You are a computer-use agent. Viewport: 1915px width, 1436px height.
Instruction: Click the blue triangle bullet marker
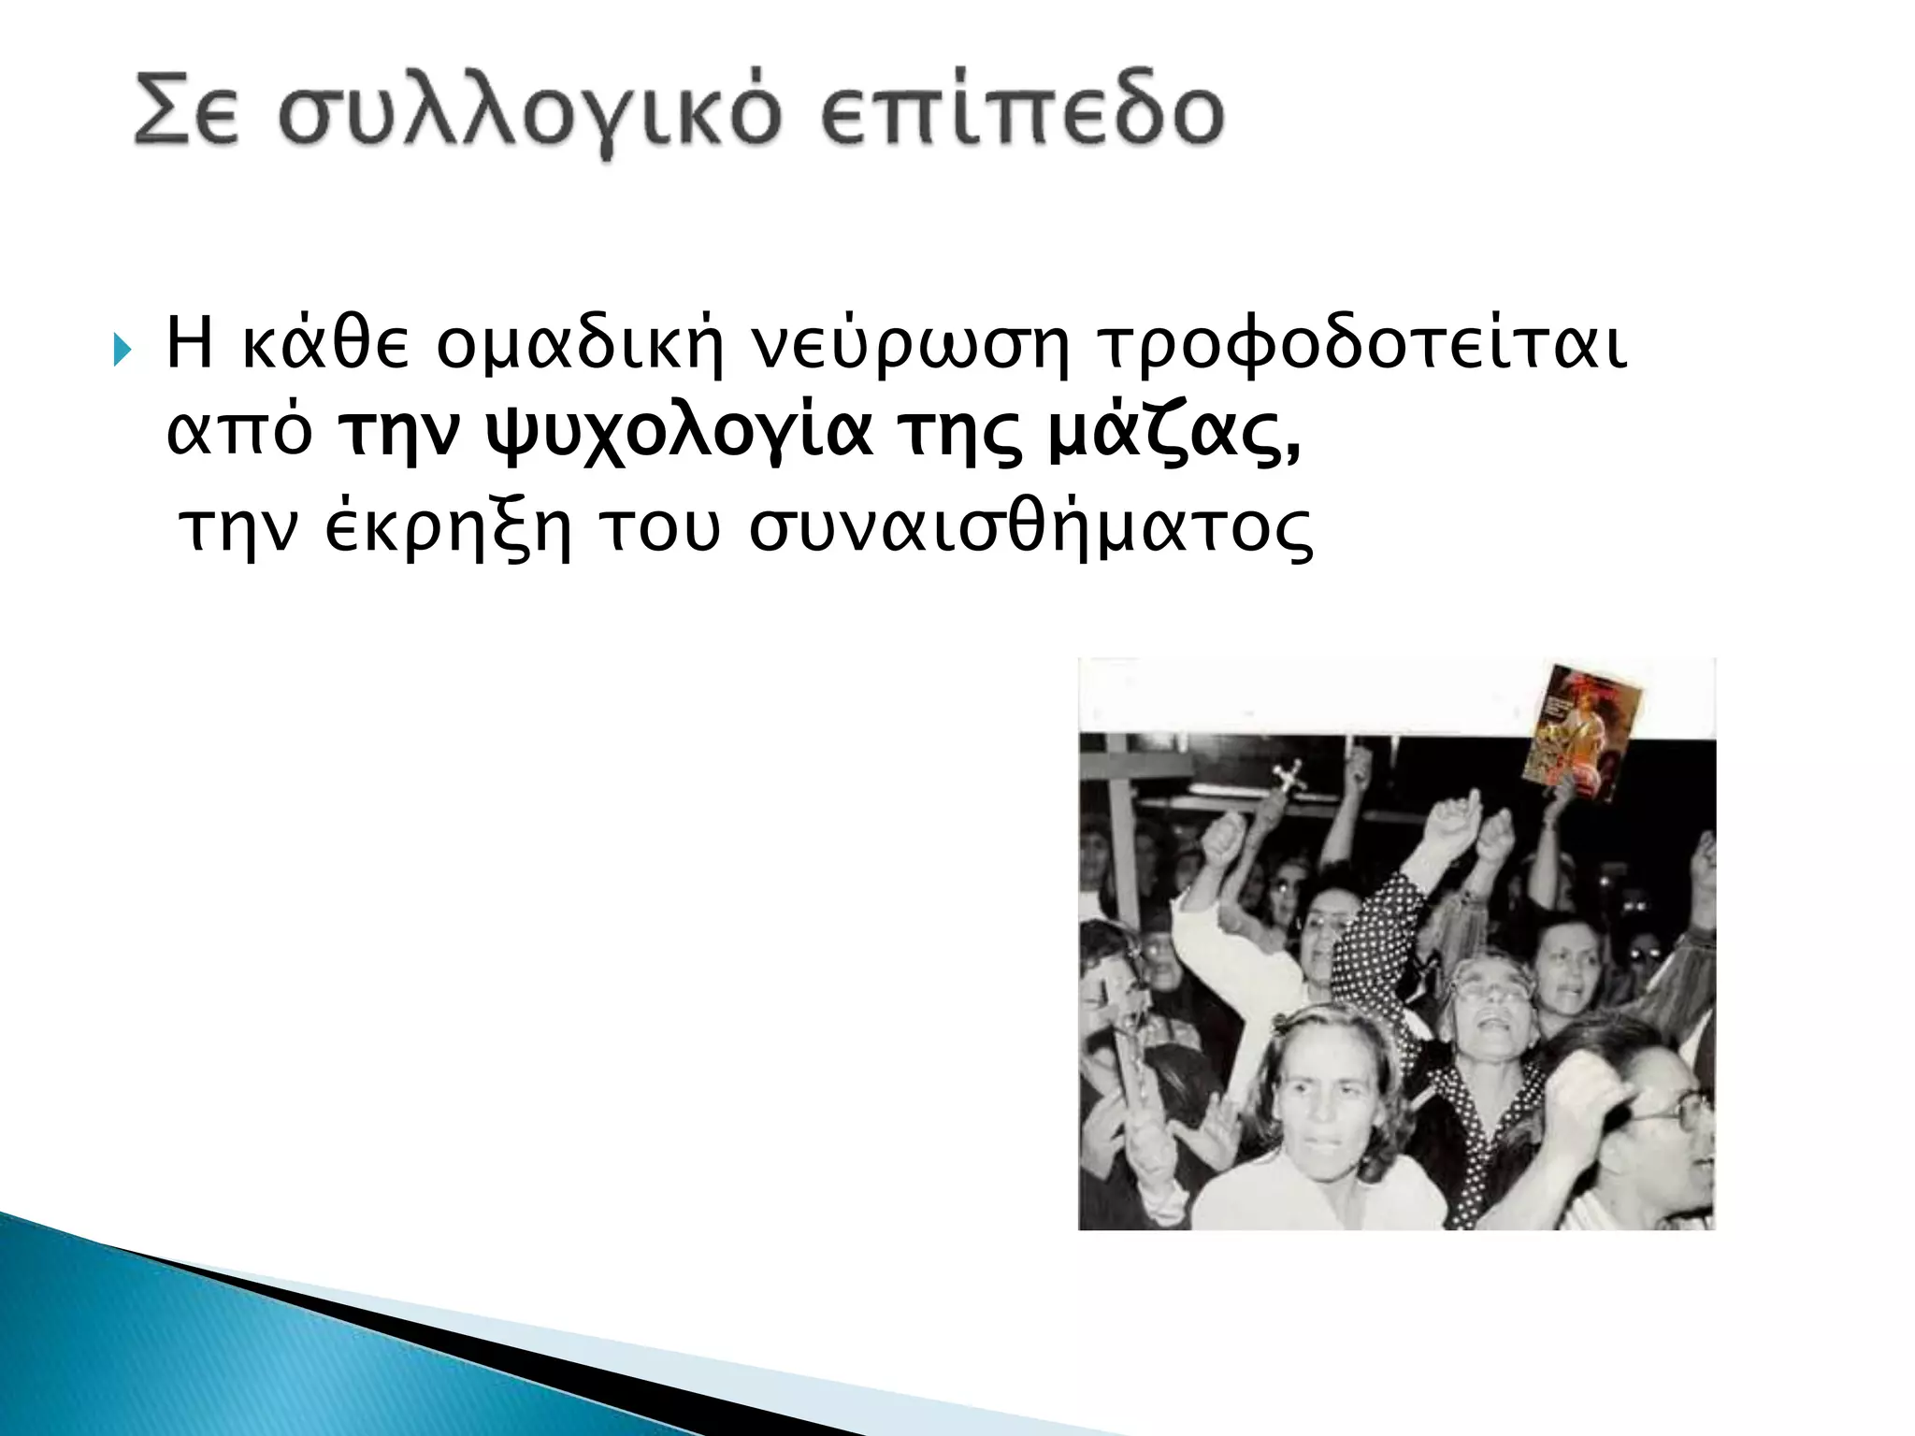click(x=121, y=352)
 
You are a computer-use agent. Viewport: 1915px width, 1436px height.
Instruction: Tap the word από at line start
click(x=238, y=436)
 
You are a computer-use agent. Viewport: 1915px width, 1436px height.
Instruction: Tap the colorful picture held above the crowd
click(x=1581, y=735)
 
